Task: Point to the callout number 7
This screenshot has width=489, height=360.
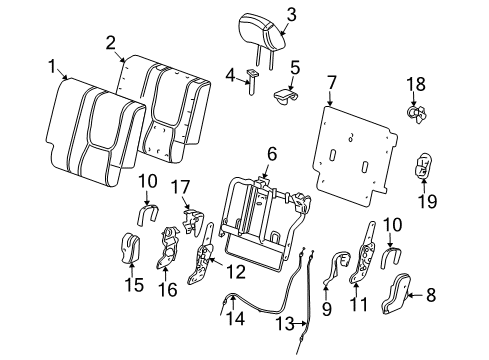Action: pos(330,78)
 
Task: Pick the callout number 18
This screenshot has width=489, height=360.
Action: pos(416,86)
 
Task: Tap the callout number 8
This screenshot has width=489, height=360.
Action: pos(458,297)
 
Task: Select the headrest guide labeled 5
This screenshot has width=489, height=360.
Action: pos(288,96)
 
